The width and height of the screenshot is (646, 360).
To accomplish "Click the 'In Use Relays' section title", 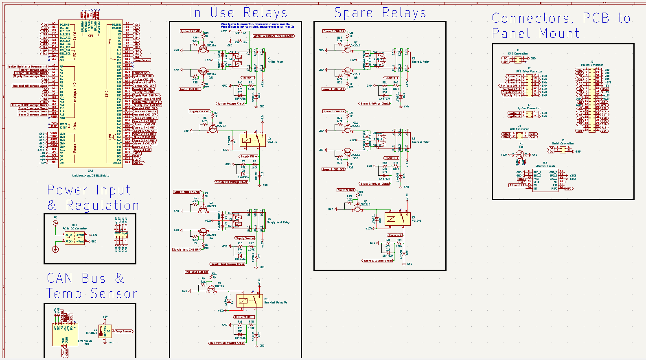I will coord(239,13).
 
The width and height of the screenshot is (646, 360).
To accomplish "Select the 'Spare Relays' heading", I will coord(380,13).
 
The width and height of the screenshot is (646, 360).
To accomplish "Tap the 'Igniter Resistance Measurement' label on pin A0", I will coord(28,66).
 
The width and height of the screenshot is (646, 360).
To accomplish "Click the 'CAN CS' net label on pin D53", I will coord(138,163).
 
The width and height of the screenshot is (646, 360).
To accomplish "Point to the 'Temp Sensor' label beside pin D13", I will coord(142,60).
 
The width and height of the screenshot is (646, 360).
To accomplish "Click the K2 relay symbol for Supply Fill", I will coord(252,140).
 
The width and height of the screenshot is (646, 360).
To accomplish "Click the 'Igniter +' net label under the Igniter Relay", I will coord(248,78).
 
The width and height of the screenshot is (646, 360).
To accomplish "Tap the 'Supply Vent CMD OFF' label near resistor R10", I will coord(186,250).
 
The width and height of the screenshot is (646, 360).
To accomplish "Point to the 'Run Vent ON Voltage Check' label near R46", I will coord(227,343).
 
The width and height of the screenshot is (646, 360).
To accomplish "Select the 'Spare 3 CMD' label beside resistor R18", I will coord(346,190).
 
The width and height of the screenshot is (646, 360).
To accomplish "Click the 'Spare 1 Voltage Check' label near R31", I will coord(374,104).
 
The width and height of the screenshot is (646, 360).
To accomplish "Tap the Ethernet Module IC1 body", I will coord(545,180).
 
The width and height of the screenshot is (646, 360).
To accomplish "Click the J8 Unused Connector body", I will coord(592,100).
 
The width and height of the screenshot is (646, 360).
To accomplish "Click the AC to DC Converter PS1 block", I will coord(75,238).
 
